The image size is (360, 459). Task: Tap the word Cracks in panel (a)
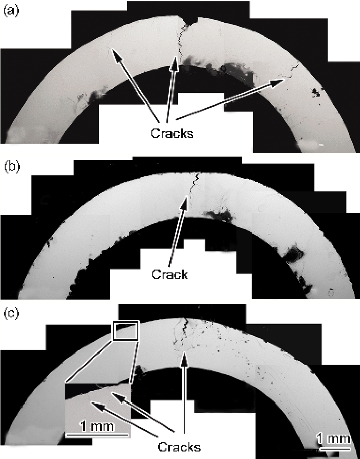point(172,133)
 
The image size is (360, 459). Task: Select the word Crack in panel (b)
point(169,274)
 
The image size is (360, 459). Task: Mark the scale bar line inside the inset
point(97,435)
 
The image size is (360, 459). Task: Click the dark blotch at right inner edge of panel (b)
point(294,256)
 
